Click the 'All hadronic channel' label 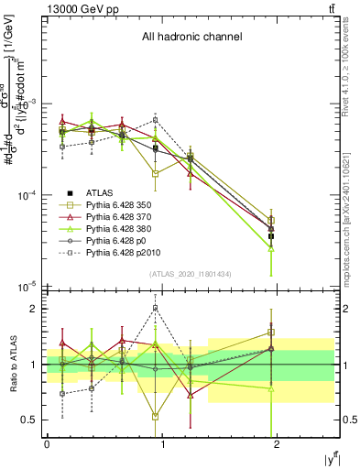tap(191, 37)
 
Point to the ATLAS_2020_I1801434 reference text tap(191, 275)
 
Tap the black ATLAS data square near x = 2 tap(271, 236)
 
